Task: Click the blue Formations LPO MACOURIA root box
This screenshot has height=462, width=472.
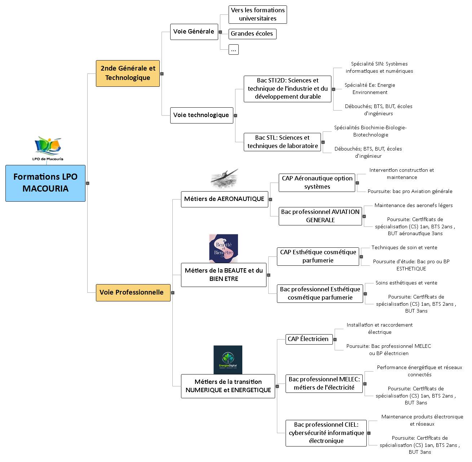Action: click(x=45, y=183)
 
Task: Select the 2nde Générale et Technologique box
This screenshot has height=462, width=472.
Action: click(x=128, y=73)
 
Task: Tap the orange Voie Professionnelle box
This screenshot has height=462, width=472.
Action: click(x=133, y=292)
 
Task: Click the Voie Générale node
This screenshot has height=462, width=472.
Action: click(x=194, y=32)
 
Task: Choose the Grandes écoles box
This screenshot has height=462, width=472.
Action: click(x=252, y=34)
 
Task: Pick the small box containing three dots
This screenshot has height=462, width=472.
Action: click(x=234, y=50)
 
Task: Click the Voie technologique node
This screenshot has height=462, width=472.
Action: click(x=201, y=115)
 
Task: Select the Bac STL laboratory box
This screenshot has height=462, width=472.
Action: click(x=282, y=142)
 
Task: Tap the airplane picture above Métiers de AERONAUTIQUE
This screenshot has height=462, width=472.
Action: click(x=225, y=178)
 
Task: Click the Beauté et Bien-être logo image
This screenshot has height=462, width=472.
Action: click(x=224, y=248)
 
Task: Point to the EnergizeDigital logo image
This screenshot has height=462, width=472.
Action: click(x=228, y=360)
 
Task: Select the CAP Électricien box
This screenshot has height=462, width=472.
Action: click(x=309, y=339)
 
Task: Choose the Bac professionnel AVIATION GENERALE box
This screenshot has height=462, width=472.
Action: click(x=320, y=216)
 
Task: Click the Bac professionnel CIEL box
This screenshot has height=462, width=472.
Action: click(x=326, y=433)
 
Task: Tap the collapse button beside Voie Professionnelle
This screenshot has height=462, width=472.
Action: click(x=173, y=293)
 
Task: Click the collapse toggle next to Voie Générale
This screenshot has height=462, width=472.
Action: click(x=220, y=32)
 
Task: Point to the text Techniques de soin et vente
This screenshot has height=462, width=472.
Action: click(x=404, y=248)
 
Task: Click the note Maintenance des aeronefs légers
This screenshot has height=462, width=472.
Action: click(x=414, y=206)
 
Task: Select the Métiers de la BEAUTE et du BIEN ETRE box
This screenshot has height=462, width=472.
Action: click(x=224, y=275)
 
